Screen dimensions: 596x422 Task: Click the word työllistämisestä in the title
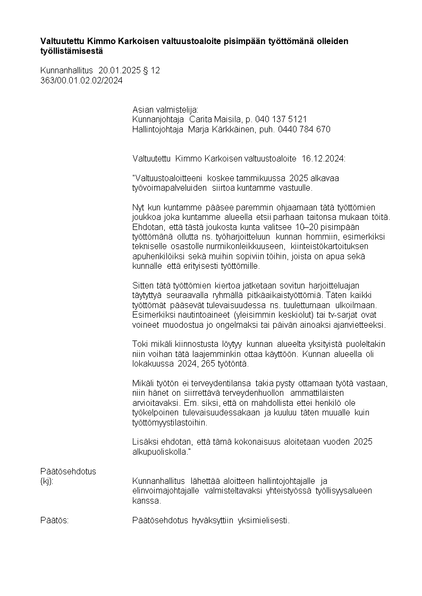pos(72,51)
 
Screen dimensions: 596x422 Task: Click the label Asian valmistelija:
pos(165,109)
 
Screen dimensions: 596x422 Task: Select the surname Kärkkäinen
pos(229,129)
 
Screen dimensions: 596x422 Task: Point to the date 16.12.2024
pos(323,158)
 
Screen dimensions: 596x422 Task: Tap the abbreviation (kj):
pos(47,481)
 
